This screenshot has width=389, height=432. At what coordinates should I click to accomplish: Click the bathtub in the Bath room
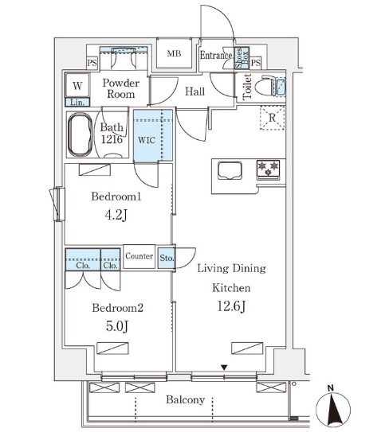tap(81, 134)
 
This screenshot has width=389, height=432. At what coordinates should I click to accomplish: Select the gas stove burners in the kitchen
tap(268, 169)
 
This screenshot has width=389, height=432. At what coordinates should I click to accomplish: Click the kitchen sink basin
tap(230, 171)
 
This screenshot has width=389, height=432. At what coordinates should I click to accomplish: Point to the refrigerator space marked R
tap(272, 118)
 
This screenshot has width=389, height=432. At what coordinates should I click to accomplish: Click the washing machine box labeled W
tap(77, 85)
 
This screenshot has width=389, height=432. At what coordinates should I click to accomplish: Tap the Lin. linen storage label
tap(77, 103)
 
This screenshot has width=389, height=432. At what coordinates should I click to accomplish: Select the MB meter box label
tap(174, 53)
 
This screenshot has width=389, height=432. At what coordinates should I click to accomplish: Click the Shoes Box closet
tap(242, 58)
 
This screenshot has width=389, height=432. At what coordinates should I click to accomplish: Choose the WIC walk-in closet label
tap(147, 140)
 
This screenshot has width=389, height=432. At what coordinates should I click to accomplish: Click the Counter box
tap(139, 256)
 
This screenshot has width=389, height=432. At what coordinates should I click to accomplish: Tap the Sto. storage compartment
tap(167, 258)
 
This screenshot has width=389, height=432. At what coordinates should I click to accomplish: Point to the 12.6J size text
tap(231, 306)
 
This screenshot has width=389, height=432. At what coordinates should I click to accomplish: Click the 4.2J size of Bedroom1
tap(116, 215)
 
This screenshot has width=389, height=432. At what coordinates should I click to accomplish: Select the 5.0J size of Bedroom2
tap(117, 326)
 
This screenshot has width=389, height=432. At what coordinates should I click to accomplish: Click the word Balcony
tap(185, 399)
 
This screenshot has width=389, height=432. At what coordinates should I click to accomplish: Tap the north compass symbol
tap(333, 407)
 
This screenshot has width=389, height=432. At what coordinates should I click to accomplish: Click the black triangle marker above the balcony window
tap(224, 368)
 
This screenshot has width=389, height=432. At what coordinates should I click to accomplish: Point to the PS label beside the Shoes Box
tap(256, 63)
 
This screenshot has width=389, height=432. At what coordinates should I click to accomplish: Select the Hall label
tap(195, 91)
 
